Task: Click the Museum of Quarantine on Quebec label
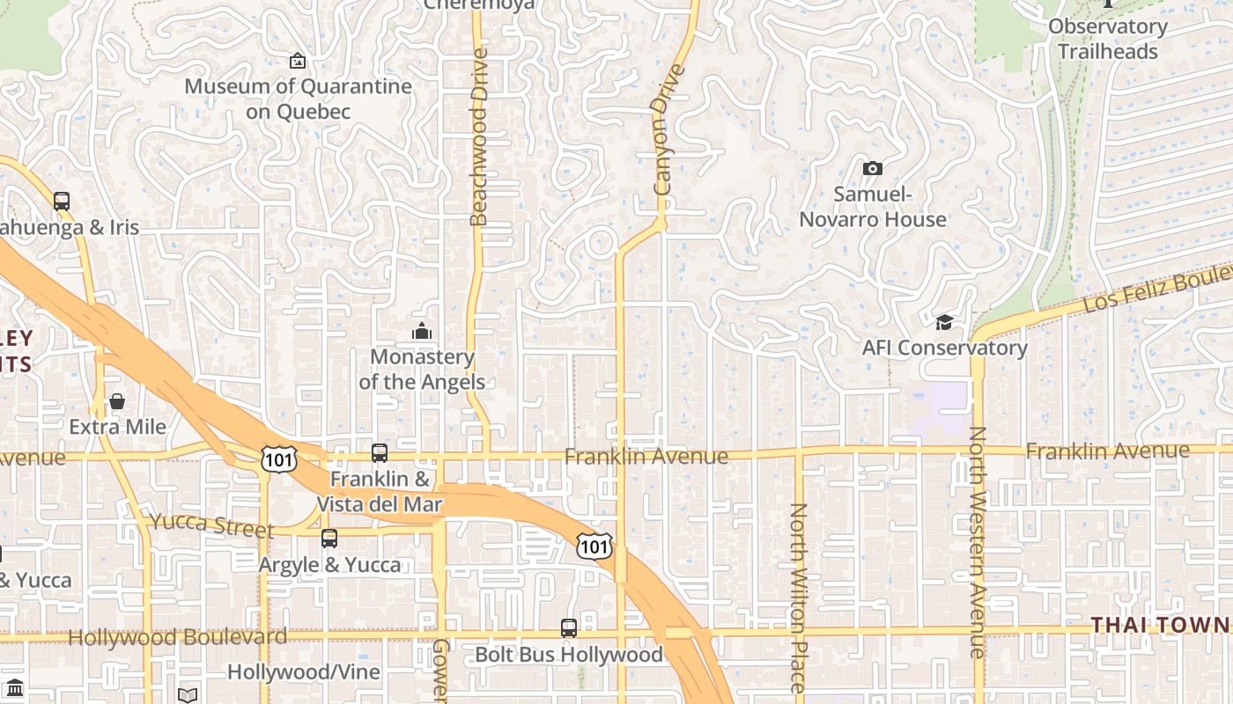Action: coord(298,99)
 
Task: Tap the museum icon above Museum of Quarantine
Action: coord(298,61)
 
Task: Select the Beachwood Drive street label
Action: coord(478,136)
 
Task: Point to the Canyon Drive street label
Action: coord(668,129)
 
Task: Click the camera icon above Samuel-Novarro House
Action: coord(872,168)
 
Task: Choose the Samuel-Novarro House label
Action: coord(872,207)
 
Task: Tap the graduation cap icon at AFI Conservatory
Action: coord(944,322)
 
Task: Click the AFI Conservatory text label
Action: coord(944,348)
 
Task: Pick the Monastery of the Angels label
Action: coord(422,370)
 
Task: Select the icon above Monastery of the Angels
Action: coord(422,332)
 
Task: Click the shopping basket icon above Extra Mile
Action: coord(117,402)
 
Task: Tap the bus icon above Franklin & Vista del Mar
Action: coord(380,453)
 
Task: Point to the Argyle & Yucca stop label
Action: coord(329,564)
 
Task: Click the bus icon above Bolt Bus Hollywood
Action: coord(569,628)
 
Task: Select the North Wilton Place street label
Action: coord(798,598)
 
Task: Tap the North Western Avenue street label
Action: coord(977,542)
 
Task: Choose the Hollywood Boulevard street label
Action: coord(177,637)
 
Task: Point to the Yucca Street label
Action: coord(211,524)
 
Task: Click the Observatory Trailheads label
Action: coord(1107,39)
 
